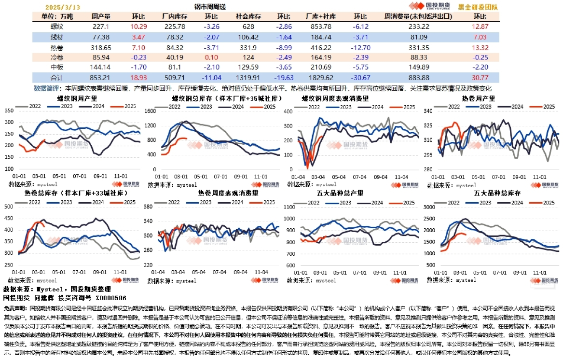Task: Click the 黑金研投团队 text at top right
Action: click(478, 7)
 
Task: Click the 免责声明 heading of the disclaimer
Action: click(15, 307)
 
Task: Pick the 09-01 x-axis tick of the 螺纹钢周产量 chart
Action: click(100, 177)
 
